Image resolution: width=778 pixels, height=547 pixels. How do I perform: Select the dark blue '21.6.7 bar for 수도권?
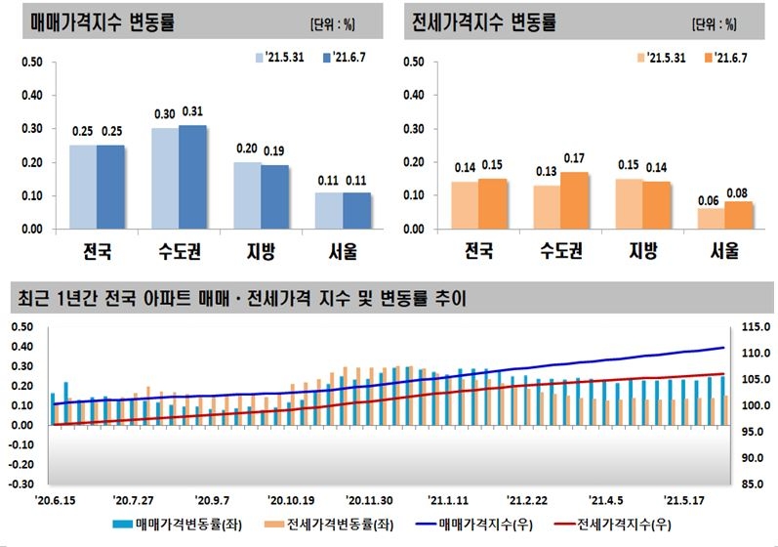click(192, 177)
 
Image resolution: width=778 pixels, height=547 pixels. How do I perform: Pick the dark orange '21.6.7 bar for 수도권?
click(575, 200)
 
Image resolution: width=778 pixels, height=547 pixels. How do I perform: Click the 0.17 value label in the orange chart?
click(574, 158)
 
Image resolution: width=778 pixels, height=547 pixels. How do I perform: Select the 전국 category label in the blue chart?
click(96, 251)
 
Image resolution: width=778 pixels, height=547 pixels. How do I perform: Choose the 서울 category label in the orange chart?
click(723, 251)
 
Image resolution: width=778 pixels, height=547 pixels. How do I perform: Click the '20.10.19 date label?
click(288, 497)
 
